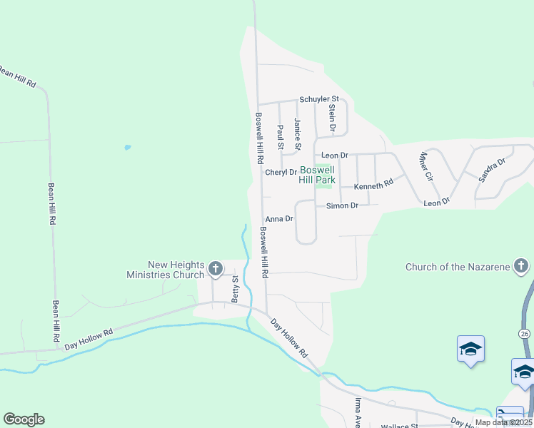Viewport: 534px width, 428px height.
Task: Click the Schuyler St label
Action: pos(318,99)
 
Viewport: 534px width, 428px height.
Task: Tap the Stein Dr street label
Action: pos(332,117)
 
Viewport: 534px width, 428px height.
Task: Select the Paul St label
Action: pos(281,137)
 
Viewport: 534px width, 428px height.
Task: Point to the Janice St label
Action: pos(298,136)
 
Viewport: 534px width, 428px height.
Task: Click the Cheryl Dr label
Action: pos(281,173)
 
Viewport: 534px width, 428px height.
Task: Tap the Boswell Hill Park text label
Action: pos(317,175)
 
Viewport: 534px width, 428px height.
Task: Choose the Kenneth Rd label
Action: pos(374,183)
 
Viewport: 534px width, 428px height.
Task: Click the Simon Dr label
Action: pos(342,205)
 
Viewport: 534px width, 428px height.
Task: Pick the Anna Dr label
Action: pos(279,219)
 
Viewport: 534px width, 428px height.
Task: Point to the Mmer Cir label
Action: pos(427,165)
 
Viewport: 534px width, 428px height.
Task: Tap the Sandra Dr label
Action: pos(492,168)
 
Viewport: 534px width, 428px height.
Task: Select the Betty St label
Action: pos(234,290)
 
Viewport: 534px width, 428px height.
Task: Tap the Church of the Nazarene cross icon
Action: pos(520,267)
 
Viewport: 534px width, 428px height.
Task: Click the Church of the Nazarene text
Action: pos(457,267)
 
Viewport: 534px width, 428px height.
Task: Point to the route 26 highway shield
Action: pos(525,333)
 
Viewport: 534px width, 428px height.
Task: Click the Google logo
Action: pos(24,419)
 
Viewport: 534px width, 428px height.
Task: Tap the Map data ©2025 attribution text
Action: pos(504,422)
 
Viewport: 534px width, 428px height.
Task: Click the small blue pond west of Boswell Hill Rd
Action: pos(127,148)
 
